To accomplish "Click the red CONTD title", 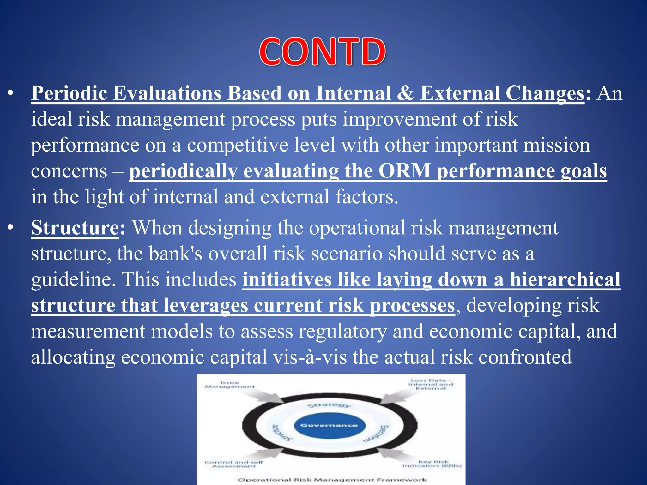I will pyautogui.click(x=323, y=52).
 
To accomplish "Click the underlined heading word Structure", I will pyautogui.click(x=75, y=228).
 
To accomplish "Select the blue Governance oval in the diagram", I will pyautogui.click(x=329, y=425).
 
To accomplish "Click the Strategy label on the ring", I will pyautogui.click(x=329, y=405).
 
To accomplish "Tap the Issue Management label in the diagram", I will pyautogui.click(x=230, y=385).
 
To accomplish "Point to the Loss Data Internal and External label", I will pyautogui.click(x=430, y=384).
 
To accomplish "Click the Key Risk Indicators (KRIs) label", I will pyautogui.click(x=432, y=464).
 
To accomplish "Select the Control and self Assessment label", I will pyautogui.click(x=234, y=464).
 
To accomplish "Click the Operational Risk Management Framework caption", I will pyautogui.click(x=332, y=480).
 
